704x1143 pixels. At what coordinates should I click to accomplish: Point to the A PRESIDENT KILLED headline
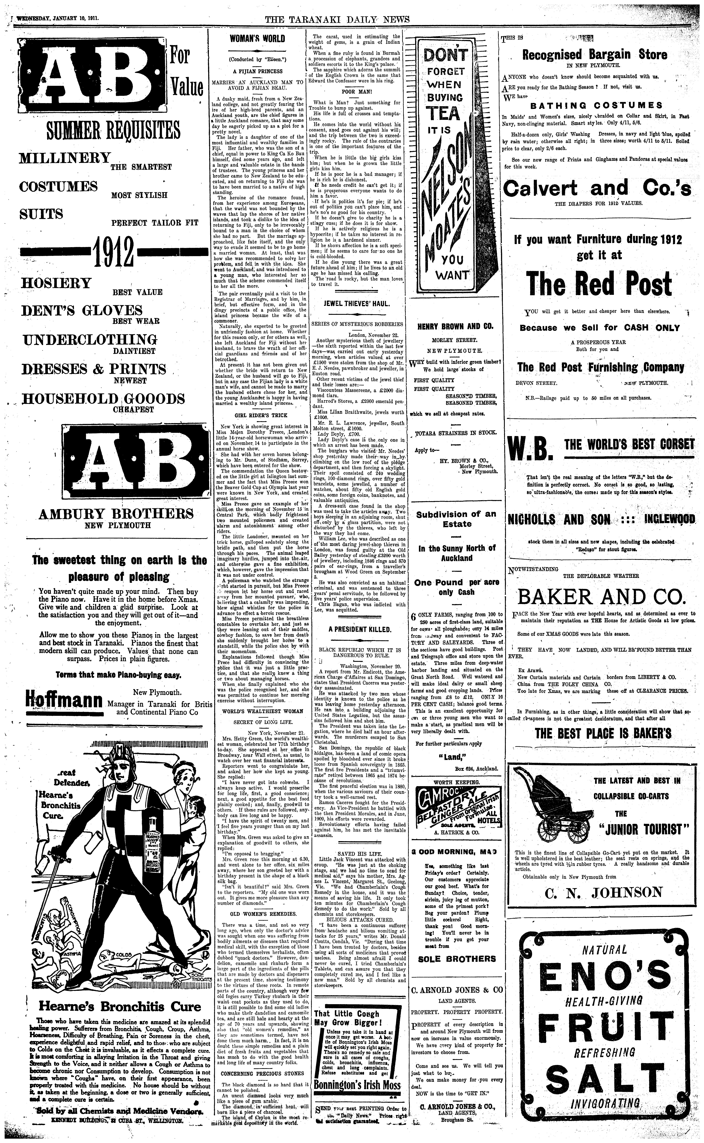tap(357, 629)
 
